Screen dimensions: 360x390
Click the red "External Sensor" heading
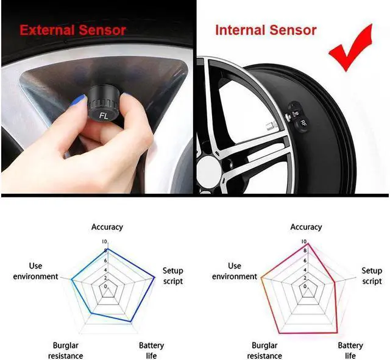73,30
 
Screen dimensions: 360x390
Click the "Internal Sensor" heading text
266,30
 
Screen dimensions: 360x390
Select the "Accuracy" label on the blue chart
107,227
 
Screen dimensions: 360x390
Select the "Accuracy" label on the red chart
306,227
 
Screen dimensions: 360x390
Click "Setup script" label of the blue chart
172,276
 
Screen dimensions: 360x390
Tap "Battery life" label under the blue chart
151,350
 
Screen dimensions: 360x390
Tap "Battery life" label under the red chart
350,350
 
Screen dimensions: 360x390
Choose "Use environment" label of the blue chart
44,271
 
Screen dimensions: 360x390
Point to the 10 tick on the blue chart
104,242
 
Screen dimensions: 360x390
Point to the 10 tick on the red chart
303,242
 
